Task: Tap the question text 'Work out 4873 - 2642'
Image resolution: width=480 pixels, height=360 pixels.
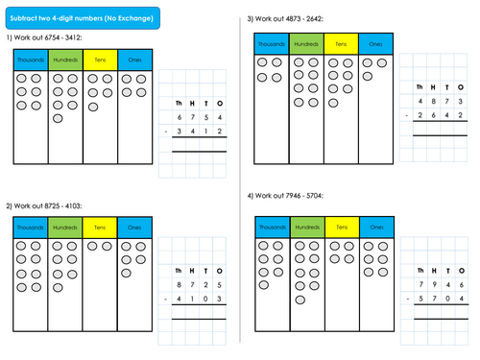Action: (x=289, y=18)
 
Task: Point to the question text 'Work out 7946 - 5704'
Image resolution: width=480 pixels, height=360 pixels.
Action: (x=289, y=197)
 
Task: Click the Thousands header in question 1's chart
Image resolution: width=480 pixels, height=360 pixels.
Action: (x=31, y=60)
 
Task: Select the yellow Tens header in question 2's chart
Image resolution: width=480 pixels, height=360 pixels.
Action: (x=100, y=228)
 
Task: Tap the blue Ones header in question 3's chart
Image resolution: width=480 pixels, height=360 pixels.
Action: (x=375, y=44)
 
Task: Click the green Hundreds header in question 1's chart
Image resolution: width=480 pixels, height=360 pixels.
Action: (x=65, y=60)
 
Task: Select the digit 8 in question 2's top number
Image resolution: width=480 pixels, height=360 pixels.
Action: (x=178, y=284)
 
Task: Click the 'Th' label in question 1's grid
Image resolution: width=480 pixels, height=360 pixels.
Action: (x=178, y=102)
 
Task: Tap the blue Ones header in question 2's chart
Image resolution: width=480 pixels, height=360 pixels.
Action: (x=133, y=228)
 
